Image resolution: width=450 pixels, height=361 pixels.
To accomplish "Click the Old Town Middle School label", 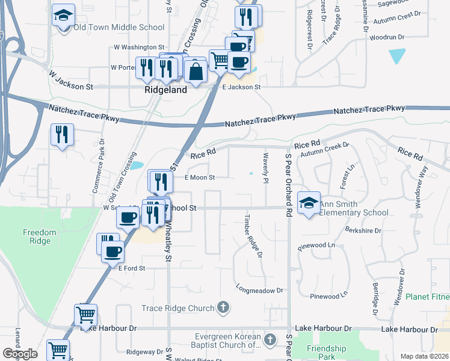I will pos(119,27).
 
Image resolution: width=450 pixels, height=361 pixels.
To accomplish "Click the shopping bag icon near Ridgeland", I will pos(196,71).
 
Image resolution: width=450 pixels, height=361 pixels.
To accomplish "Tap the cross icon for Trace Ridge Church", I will pos(223,308).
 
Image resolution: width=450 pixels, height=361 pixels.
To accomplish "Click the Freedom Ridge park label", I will pos(40,236).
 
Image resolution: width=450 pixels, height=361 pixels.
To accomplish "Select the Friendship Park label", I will pos(327,353).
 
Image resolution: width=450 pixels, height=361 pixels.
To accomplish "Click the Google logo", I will pos(20,354).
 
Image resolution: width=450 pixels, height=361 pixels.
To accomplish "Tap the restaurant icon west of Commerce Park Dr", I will pos(62,135).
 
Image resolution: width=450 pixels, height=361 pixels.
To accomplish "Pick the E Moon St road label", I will pos(200,177).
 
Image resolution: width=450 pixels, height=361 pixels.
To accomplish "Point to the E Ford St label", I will pos(132,268).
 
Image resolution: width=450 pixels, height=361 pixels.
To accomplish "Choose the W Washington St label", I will pos(139,46).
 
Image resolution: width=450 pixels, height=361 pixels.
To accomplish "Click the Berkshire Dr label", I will pos(363,230).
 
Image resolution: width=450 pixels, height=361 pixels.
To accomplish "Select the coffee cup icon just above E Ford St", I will pos(113,251).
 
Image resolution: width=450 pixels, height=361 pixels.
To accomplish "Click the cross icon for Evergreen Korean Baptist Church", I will pos(270,340).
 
